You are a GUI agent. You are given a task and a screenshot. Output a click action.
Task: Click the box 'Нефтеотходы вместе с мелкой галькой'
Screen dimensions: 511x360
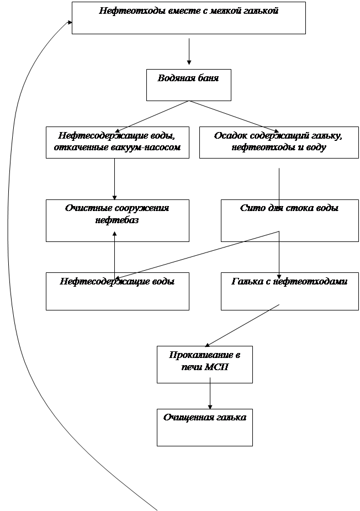(188, 18)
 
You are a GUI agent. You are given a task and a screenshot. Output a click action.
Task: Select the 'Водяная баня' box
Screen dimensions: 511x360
(188, 85)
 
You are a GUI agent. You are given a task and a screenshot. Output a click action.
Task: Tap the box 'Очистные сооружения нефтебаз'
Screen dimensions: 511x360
(117, 220)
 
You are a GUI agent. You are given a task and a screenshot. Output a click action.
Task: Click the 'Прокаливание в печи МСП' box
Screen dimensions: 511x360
(204, 364)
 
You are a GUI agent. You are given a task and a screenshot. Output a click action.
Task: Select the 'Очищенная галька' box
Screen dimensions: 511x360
(204, 427)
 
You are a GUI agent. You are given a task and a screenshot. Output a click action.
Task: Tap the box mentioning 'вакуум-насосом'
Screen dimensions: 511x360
(117, 143)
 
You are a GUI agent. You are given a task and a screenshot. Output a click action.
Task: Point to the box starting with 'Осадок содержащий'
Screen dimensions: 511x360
(278, 143)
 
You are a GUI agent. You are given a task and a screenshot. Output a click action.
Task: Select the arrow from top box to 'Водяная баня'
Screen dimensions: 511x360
(189, 51)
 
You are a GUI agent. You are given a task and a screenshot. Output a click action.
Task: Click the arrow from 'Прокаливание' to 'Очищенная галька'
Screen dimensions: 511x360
(210, 396)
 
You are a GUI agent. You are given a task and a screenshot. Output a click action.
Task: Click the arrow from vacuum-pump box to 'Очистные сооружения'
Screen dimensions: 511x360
(115, 179)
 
